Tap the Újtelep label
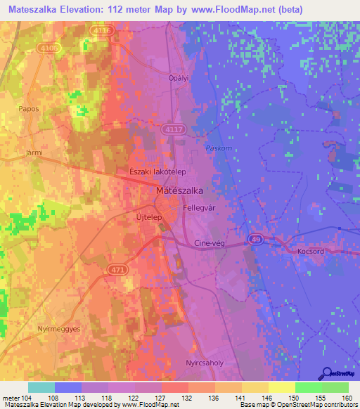click(148, 219)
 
